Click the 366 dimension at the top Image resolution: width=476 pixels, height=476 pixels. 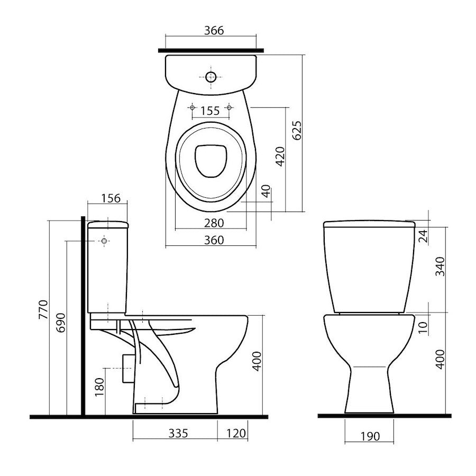click(x=214, y=31)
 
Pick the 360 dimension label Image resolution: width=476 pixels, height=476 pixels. click(x=213, y=240)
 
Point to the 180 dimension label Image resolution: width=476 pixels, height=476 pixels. click(x=99, y=388)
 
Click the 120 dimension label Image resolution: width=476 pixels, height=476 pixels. click(x=236, y=434)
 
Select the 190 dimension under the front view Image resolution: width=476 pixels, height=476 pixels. click(x=370, y=436)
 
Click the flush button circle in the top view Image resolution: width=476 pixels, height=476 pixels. click(x=211, y=77)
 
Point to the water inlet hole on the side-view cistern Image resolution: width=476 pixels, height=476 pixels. click(x=104, y=241)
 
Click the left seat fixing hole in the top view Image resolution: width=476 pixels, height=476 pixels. click(x=192, y=107)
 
